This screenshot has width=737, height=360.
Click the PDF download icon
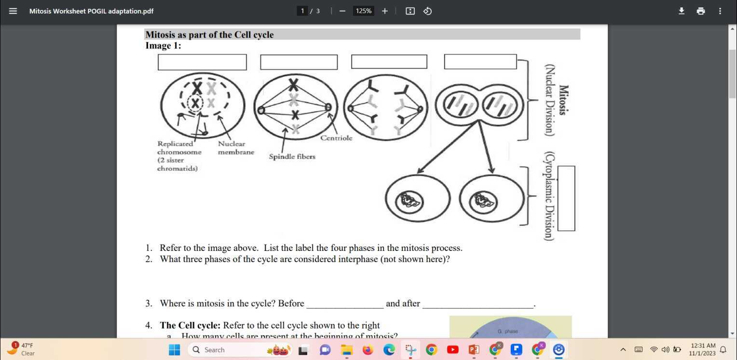(x=681, y=11)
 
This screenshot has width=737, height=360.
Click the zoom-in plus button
(x=384, y=11)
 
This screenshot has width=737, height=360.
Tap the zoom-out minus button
(x=342, y=11)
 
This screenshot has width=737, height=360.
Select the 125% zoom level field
(x=363, y=11)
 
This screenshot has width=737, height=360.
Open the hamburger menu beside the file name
(x=13, y=11)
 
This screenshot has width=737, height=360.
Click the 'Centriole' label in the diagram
(x=336, y=138)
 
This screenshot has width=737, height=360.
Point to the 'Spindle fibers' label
(x=292, y=156)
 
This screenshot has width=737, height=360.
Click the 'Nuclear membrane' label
(x=235, y=148)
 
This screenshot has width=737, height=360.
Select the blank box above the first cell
(x=202, y=62)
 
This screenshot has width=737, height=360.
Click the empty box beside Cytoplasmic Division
(x=566, y=198)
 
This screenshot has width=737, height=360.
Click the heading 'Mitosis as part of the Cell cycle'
(x=209, y=35)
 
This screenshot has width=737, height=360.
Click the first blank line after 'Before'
(x=345, y=304)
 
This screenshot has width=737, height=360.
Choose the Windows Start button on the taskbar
(x=174, y=350)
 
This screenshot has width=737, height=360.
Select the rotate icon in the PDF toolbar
(x=427, y=11)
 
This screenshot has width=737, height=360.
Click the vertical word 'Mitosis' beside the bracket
(x=563, y=99)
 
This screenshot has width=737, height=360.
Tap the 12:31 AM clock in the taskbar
(x=703, y=349)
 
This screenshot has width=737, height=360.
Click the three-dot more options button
(x=720, y=11)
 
